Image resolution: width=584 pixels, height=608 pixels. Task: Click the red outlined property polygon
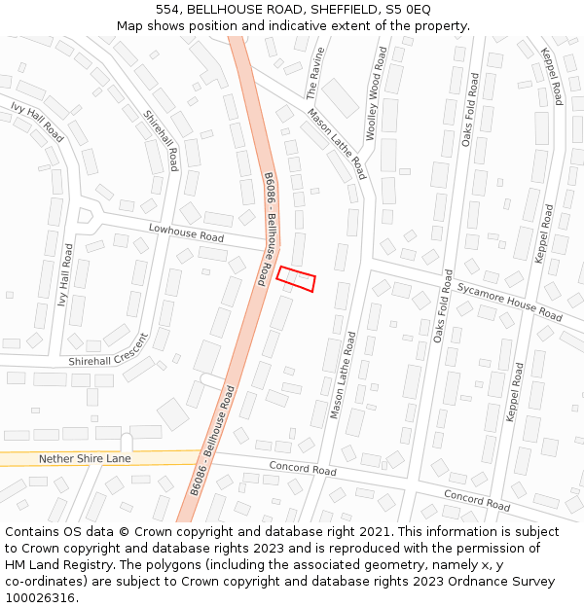click(x=296, y=279)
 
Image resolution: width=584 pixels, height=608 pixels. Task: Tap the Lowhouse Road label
click(x=186, y=232)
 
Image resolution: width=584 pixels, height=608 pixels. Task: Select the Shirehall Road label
click(x=162, y=140)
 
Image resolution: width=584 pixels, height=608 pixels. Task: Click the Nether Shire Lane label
click(x=85, y=458)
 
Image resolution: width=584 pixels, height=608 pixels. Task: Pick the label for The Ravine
click(x=313, y=73)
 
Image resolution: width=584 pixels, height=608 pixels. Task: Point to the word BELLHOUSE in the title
click(x=225, y=9)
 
